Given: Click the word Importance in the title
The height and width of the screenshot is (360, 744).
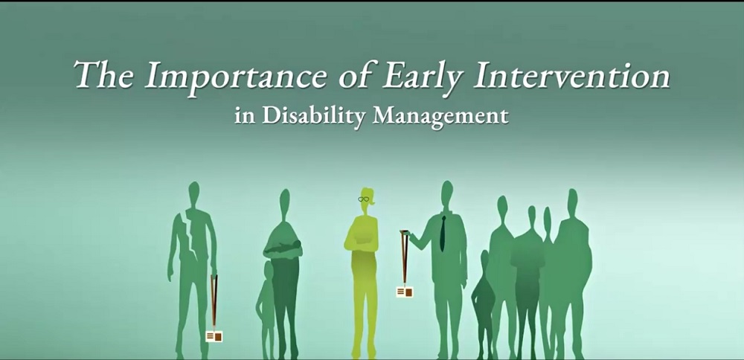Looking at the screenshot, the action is pos(235,77).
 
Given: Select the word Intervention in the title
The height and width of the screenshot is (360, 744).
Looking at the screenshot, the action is pos(571,76).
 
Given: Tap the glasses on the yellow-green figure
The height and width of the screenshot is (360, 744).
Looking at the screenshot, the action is pos(364,199).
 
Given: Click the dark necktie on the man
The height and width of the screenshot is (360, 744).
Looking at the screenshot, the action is pos(443,234).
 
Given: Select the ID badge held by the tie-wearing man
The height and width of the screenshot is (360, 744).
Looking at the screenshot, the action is pos(404,292).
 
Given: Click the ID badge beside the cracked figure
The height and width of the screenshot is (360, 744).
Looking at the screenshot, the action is pos(214,336).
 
